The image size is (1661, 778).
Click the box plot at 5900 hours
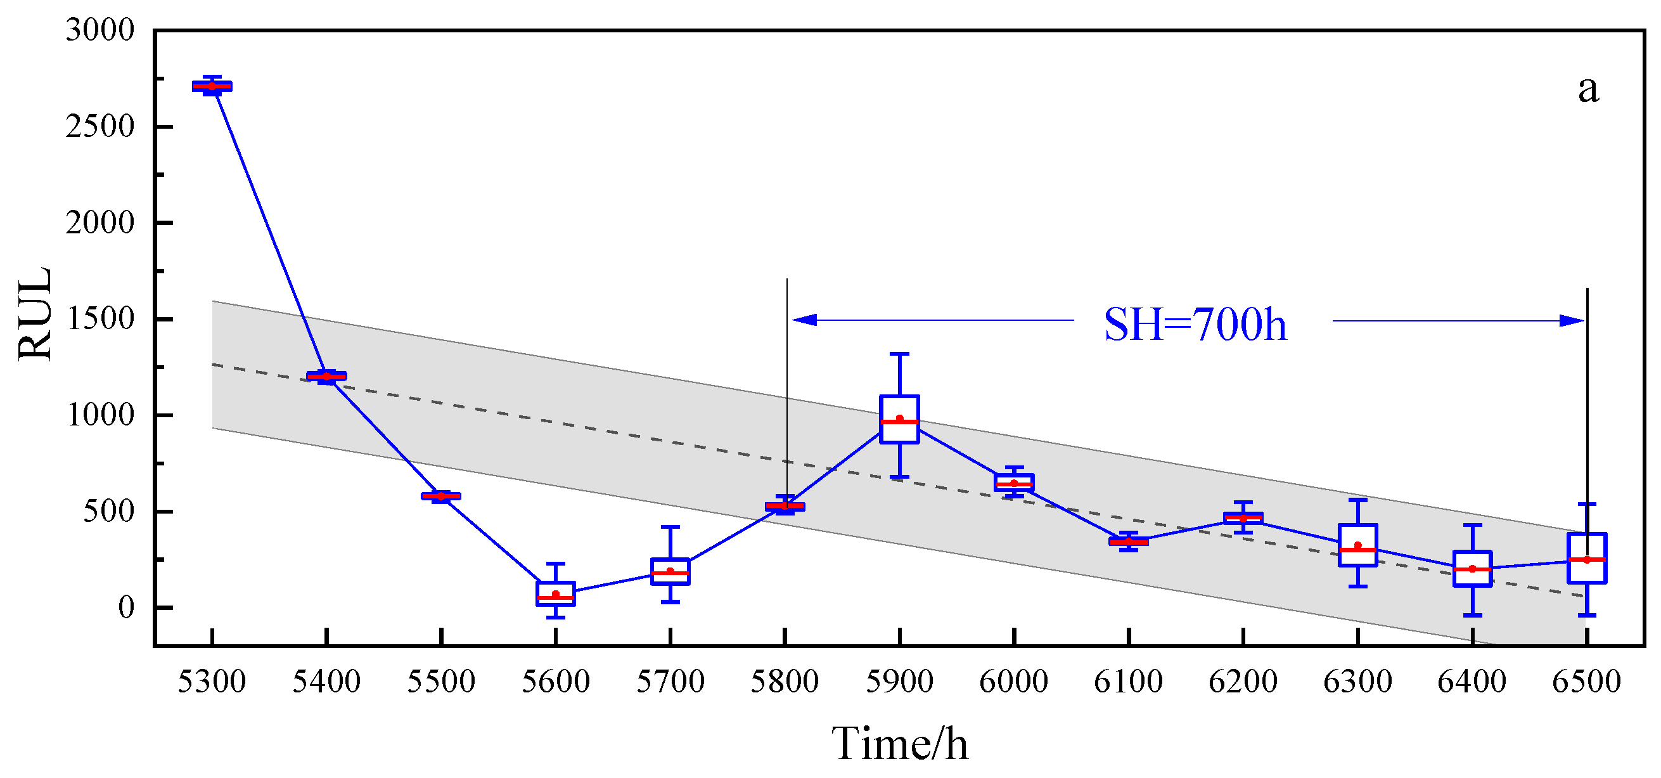point(899,418)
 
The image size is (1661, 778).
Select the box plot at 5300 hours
point(212,86)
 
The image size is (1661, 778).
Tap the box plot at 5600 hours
point(555,593)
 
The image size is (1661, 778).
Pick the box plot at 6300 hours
point(1357,545)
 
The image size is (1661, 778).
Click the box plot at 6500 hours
point(1586,557)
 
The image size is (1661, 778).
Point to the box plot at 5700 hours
point(670,571)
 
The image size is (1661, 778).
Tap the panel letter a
point(1588,89)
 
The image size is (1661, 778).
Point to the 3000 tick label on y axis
point(100,30)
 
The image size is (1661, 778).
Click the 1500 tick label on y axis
point(100,319)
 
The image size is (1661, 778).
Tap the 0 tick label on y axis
point(125,607)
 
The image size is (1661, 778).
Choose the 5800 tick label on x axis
point(784,682)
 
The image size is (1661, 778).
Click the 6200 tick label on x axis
point(1243,682)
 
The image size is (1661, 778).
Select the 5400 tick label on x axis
point(326,682)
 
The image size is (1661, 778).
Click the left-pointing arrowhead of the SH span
point(804,320)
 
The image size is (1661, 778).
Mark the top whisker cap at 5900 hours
point(899,354)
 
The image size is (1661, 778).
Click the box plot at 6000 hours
point(1013,483)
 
